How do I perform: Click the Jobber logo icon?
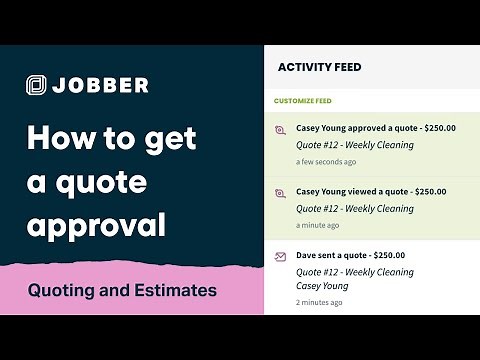tap(37, 85)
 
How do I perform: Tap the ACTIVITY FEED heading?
tap(319, 67)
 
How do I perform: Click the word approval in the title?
tap(95, 225)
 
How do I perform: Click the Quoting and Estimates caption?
tap(122, 291)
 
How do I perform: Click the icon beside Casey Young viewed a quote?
tap(281, 194)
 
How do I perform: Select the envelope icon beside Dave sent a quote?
tap(281, 257)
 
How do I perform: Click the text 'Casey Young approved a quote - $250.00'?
tap(376, 127)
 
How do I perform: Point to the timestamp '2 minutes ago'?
tap(320, 302)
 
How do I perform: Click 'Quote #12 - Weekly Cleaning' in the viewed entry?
tap(355, 209)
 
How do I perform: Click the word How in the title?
tap(59, 138)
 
